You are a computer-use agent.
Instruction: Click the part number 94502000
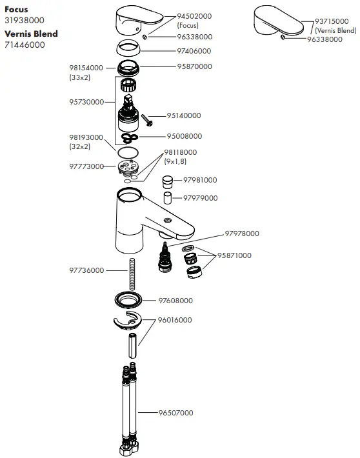(195, 15)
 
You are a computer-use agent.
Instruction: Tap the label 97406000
(194, 51)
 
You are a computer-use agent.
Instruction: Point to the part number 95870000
(194, 66)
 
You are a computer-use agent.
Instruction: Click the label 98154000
(86, 68)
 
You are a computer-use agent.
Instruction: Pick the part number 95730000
(86, 102)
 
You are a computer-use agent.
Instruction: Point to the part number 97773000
(86, 166)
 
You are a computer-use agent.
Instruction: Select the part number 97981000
(200, 180)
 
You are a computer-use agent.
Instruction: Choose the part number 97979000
(200, 198)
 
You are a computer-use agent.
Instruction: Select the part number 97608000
(175, 301)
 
